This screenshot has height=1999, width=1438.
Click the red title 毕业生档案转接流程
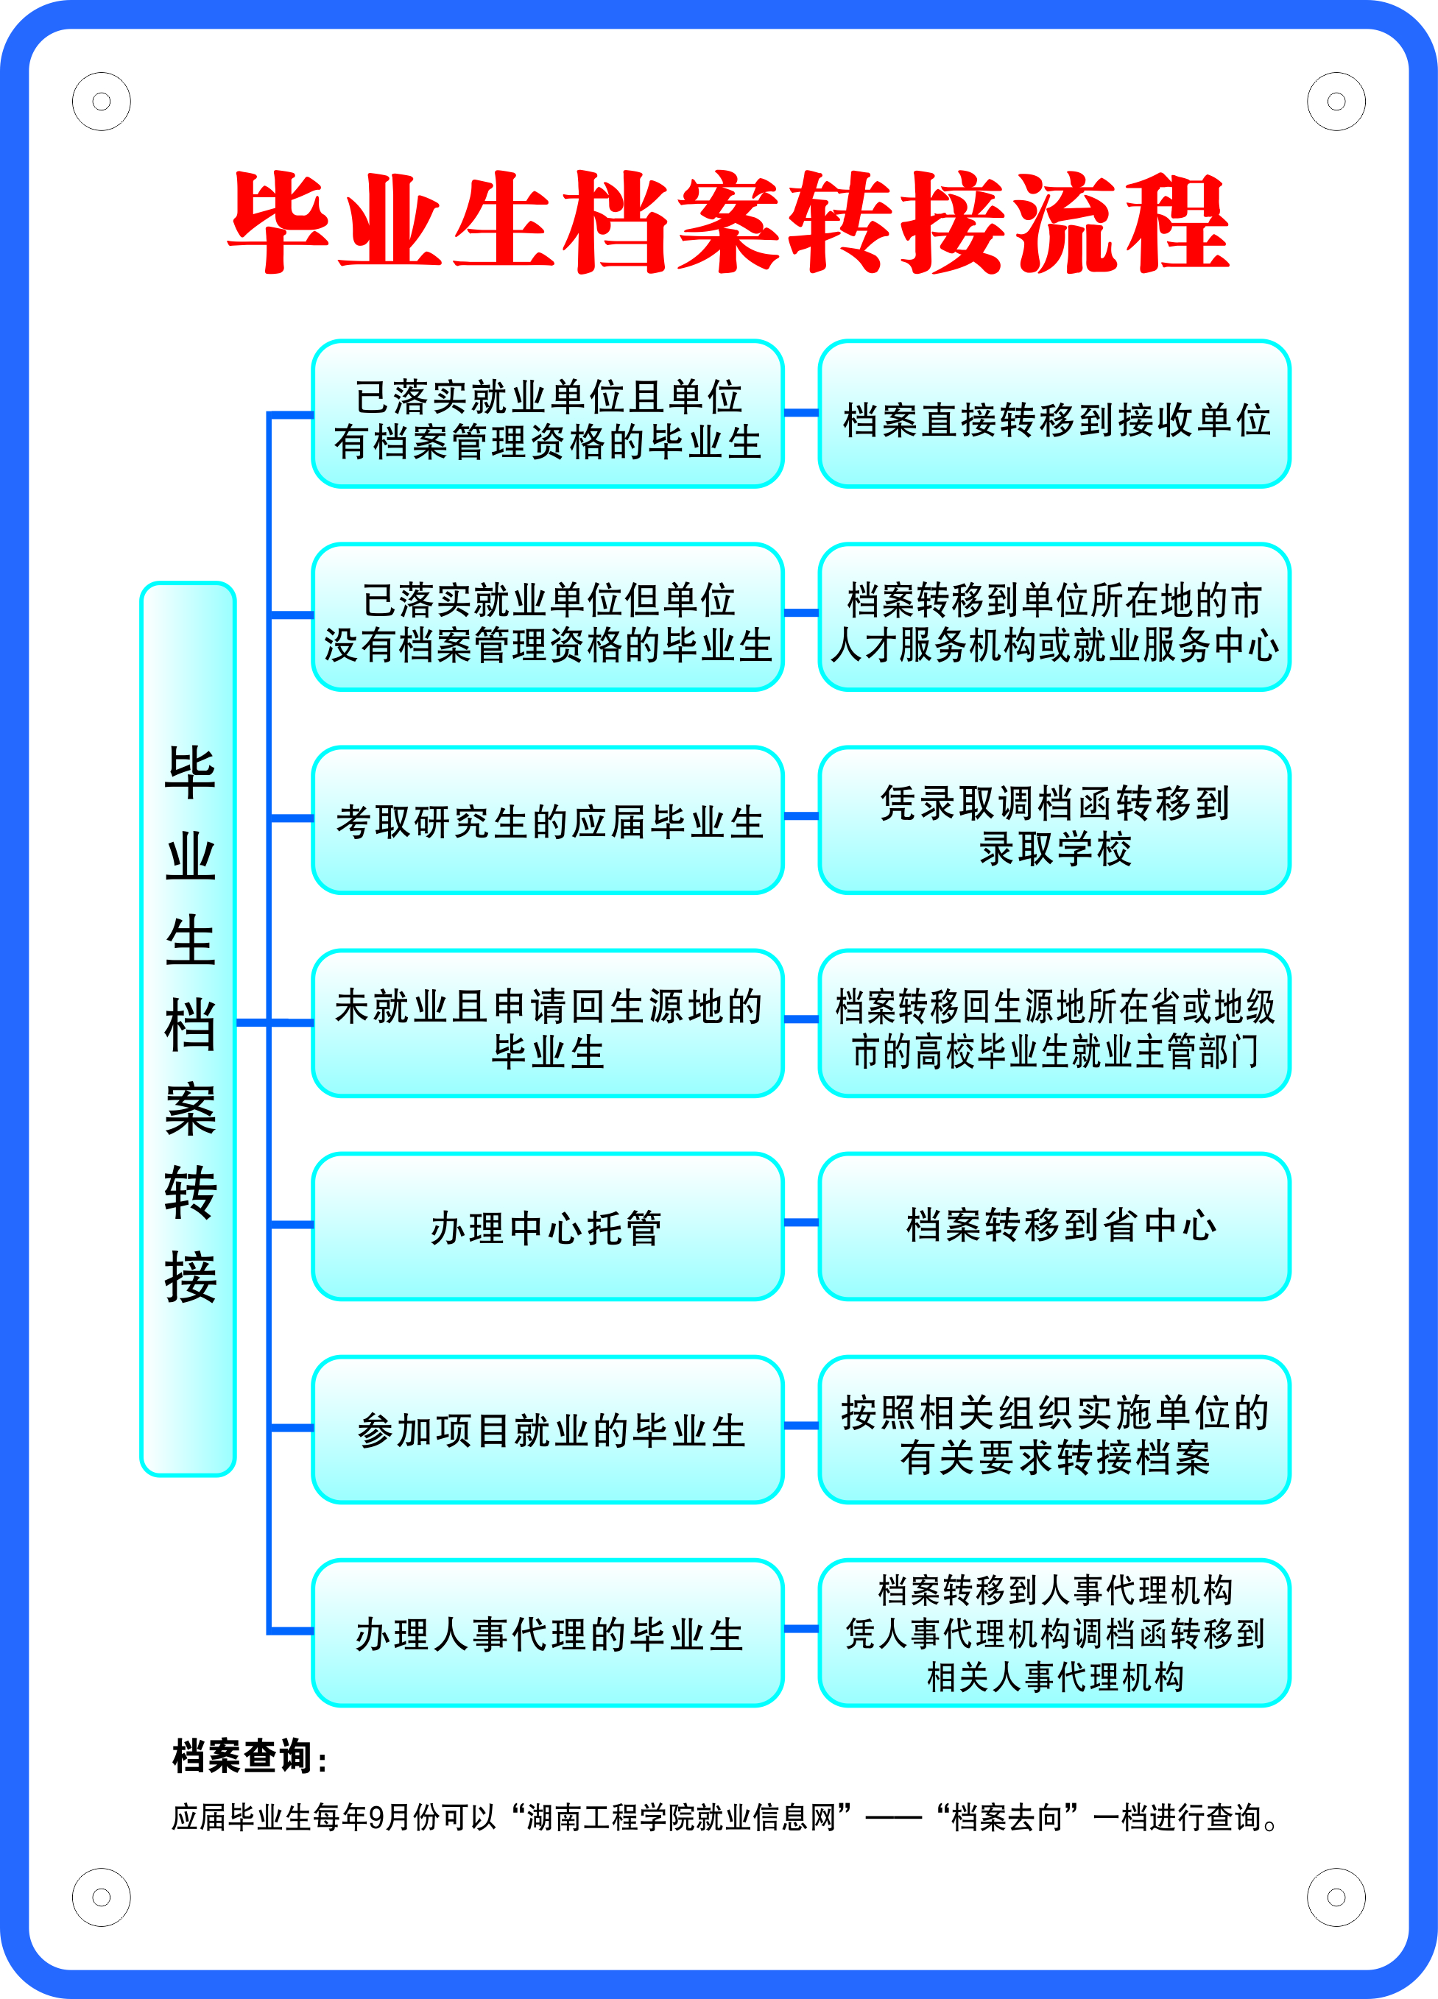(x=728, y=222)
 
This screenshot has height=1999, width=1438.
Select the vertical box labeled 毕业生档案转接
(x=188, y=1027)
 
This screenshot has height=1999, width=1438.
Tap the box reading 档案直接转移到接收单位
(x=1054, y=414)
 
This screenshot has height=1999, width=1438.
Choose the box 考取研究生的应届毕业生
(x=548, y=821)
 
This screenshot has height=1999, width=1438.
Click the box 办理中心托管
(x=548, y=1226)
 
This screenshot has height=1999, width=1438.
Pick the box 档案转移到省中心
(x=1054, y=1226)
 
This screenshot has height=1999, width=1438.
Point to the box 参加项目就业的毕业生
(x=548, y=1429)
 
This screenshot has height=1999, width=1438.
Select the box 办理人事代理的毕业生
(x=548, y=1632)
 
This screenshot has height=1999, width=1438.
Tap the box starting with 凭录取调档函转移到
(x=1054, y=821)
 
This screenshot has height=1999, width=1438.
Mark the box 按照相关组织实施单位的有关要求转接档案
(x=1054, y=1429)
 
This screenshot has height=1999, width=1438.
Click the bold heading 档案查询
(x=249, y=1755)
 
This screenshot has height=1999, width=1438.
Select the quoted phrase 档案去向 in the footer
(x=1008, y=1817)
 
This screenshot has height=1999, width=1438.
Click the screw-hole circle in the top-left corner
(x=102, y=102)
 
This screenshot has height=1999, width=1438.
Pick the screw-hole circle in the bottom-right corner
(x=1336, y=1897)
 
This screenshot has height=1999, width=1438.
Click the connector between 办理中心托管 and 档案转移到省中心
(x=801, y=1223)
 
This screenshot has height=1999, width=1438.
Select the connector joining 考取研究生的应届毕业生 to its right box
(x=801, y=816)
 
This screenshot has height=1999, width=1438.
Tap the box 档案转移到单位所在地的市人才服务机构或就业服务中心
(x=1054, y=618)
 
